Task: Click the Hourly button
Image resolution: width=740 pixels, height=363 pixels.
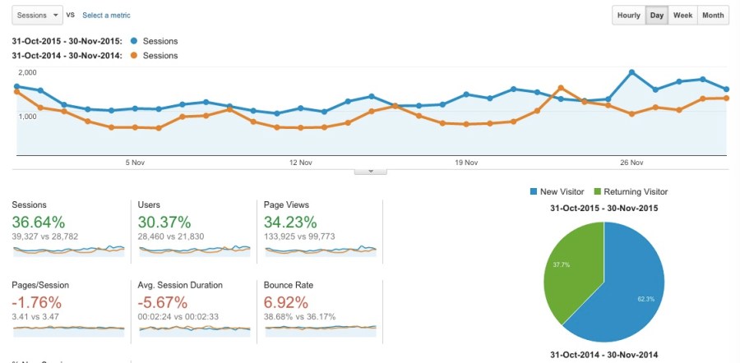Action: [x=629, y=16]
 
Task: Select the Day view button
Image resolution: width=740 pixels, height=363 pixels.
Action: [x=657, y=16]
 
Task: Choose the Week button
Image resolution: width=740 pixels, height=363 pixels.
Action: [x=682, y=16]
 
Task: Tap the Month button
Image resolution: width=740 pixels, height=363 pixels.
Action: [x=713, y=16]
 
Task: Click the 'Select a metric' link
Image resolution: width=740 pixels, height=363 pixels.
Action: [x=106, y=16]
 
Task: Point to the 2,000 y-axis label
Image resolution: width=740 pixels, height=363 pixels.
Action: [x=27, y=74]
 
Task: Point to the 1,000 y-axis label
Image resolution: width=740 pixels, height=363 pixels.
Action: [x=27, y=117]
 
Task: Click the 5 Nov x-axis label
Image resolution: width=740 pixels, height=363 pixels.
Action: [x=136, y=163]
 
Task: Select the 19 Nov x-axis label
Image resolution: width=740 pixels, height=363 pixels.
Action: [x=466, y=163]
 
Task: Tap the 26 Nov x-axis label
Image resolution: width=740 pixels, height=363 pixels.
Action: [x=631, y=163]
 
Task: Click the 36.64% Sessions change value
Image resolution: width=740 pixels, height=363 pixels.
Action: [x=39, y=222]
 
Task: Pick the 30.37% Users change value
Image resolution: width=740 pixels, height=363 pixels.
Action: [x=164, y=222]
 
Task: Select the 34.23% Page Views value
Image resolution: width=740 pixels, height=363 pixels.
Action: [x=289, y=222]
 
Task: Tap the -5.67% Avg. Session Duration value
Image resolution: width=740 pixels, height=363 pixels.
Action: [x=164, y=301]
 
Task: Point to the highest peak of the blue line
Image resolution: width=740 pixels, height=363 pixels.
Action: [x=631, y=71]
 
